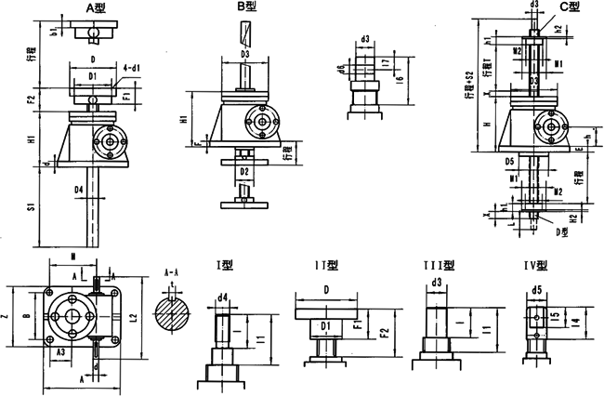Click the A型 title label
click(96, 7)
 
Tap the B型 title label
click(247, 7)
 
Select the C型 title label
click(569, 7)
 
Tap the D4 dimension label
click(80, 190)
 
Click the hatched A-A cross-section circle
click(172, 311)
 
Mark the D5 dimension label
click(510, 162)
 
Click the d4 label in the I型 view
click(223, 298)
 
